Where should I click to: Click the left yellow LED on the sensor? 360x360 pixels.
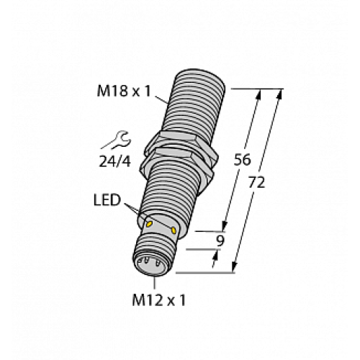pyautogui.click(x=150, y=225)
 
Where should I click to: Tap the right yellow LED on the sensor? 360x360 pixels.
pyautogui.click(x=174, y=229)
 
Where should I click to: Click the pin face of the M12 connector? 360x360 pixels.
pyautogui.click(x=149, y=264)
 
